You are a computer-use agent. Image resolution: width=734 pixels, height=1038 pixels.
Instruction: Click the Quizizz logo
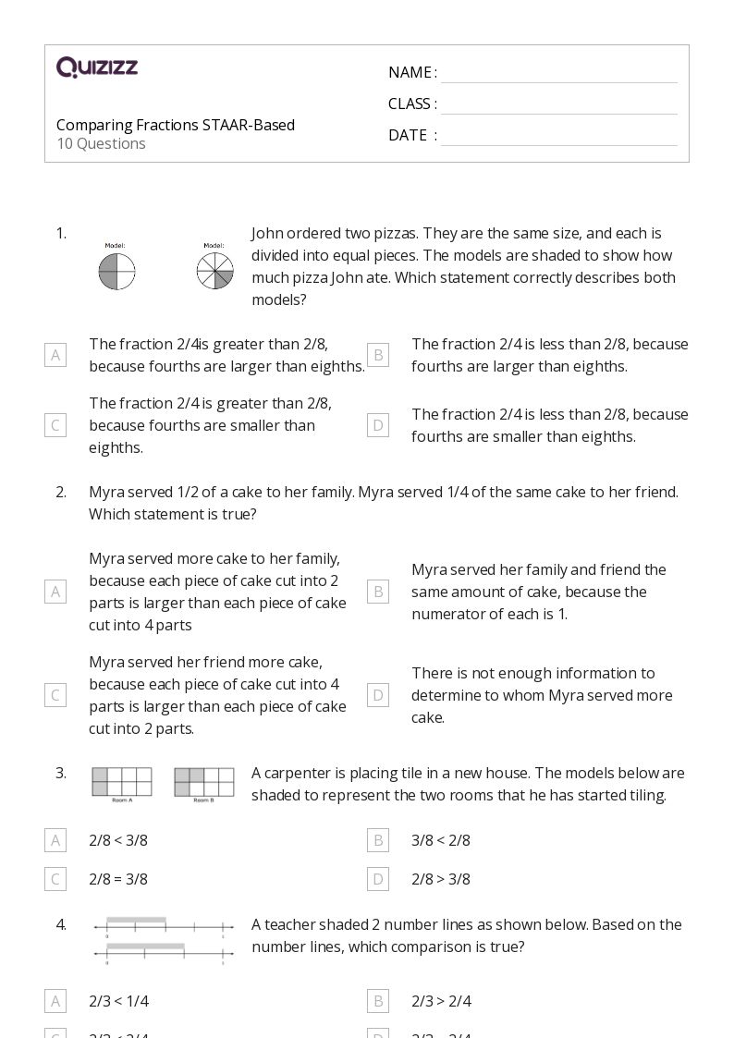(x=97, y=67)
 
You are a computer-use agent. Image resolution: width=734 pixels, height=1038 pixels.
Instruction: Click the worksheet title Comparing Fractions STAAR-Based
(x=176, y=125)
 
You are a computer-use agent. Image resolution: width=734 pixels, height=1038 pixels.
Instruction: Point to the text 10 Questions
(x=101, y=143)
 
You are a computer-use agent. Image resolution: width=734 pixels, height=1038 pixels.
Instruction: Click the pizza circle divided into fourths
(x=116, y=272)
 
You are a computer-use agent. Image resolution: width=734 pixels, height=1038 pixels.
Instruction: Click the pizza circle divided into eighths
(x=214, y=272)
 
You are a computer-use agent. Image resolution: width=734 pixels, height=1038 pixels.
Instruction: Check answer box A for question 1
(x=55, y=355)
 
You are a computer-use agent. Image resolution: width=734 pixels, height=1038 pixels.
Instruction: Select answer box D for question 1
(x=377, y=425)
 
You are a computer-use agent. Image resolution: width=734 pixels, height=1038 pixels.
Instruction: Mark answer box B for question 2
(x=377, y=592)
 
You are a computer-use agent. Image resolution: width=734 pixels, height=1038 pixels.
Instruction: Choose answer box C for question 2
(x=55, y=695)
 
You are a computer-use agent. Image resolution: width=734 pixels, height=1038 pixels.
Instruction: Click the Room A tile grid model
(x=121, y=781)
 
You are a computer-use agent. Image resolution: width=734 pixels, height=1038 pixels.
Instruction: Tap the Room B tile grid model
(x=203, y=781)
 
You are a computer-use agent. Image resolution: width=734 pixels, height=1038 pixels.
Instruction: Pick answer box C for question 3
(x=55, y=879)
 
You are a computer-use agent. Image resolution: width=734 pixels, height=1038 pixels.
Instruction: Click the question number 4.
(x=61, y=924)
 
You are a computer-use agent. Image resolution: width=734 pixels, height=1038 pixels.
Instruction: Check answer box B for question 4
(x=377, y=1001)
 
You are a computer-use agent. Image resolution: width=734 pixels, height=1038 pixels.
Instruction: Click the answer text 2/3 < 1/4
(x=118, y=1001)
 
